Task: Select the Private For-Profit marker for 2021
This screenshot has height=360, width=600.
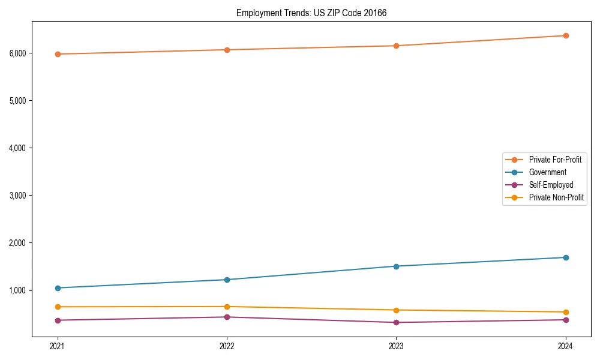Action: pyautogui.click(x=58, y=54)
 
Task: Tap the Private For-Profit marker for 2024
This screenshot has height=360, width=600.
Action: pyautogui.click(x=566, y=35)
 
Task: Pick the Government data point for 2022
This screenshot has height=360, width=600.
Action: pyautogui.click(x=227, y=280)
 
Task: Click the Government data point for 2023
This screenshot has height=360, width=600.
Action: pyautogui.click(x=396, y=266)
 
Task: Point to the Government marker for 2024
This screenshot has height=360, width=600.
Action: pyautogui.click(x=566, y=257)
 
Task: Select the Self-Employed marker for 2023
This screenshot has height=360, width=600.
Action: pyautogui.click(x=396, y=322)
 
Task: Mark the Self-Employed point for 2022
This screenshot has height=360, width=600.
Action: pyautogui.click(x=227, y=317)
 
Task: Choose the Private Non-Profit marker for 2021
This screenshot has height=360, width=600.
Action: pyautogui.click(x=58, y=307)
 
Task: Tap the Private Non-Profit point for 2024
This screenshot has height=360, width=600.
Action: pyautogui.click(x=566, y=312)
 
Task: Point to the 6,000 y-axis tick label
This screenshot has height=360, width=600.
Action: pyautogui.click(x=18, y=53)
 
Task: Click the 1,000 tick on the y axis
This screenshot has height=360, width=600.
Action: pyautogui.click(x=18, y=290)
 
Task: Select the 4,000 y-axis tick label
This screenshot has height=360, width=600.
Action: pyautogui.click(x=18, y=148)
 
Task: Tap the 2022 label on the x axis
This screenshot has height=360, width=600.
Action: pyautogui.click(x=227, y=346)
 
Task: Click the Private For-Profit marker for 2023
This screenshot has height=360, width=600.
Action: pyautogui.click(x=396, y=46)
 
